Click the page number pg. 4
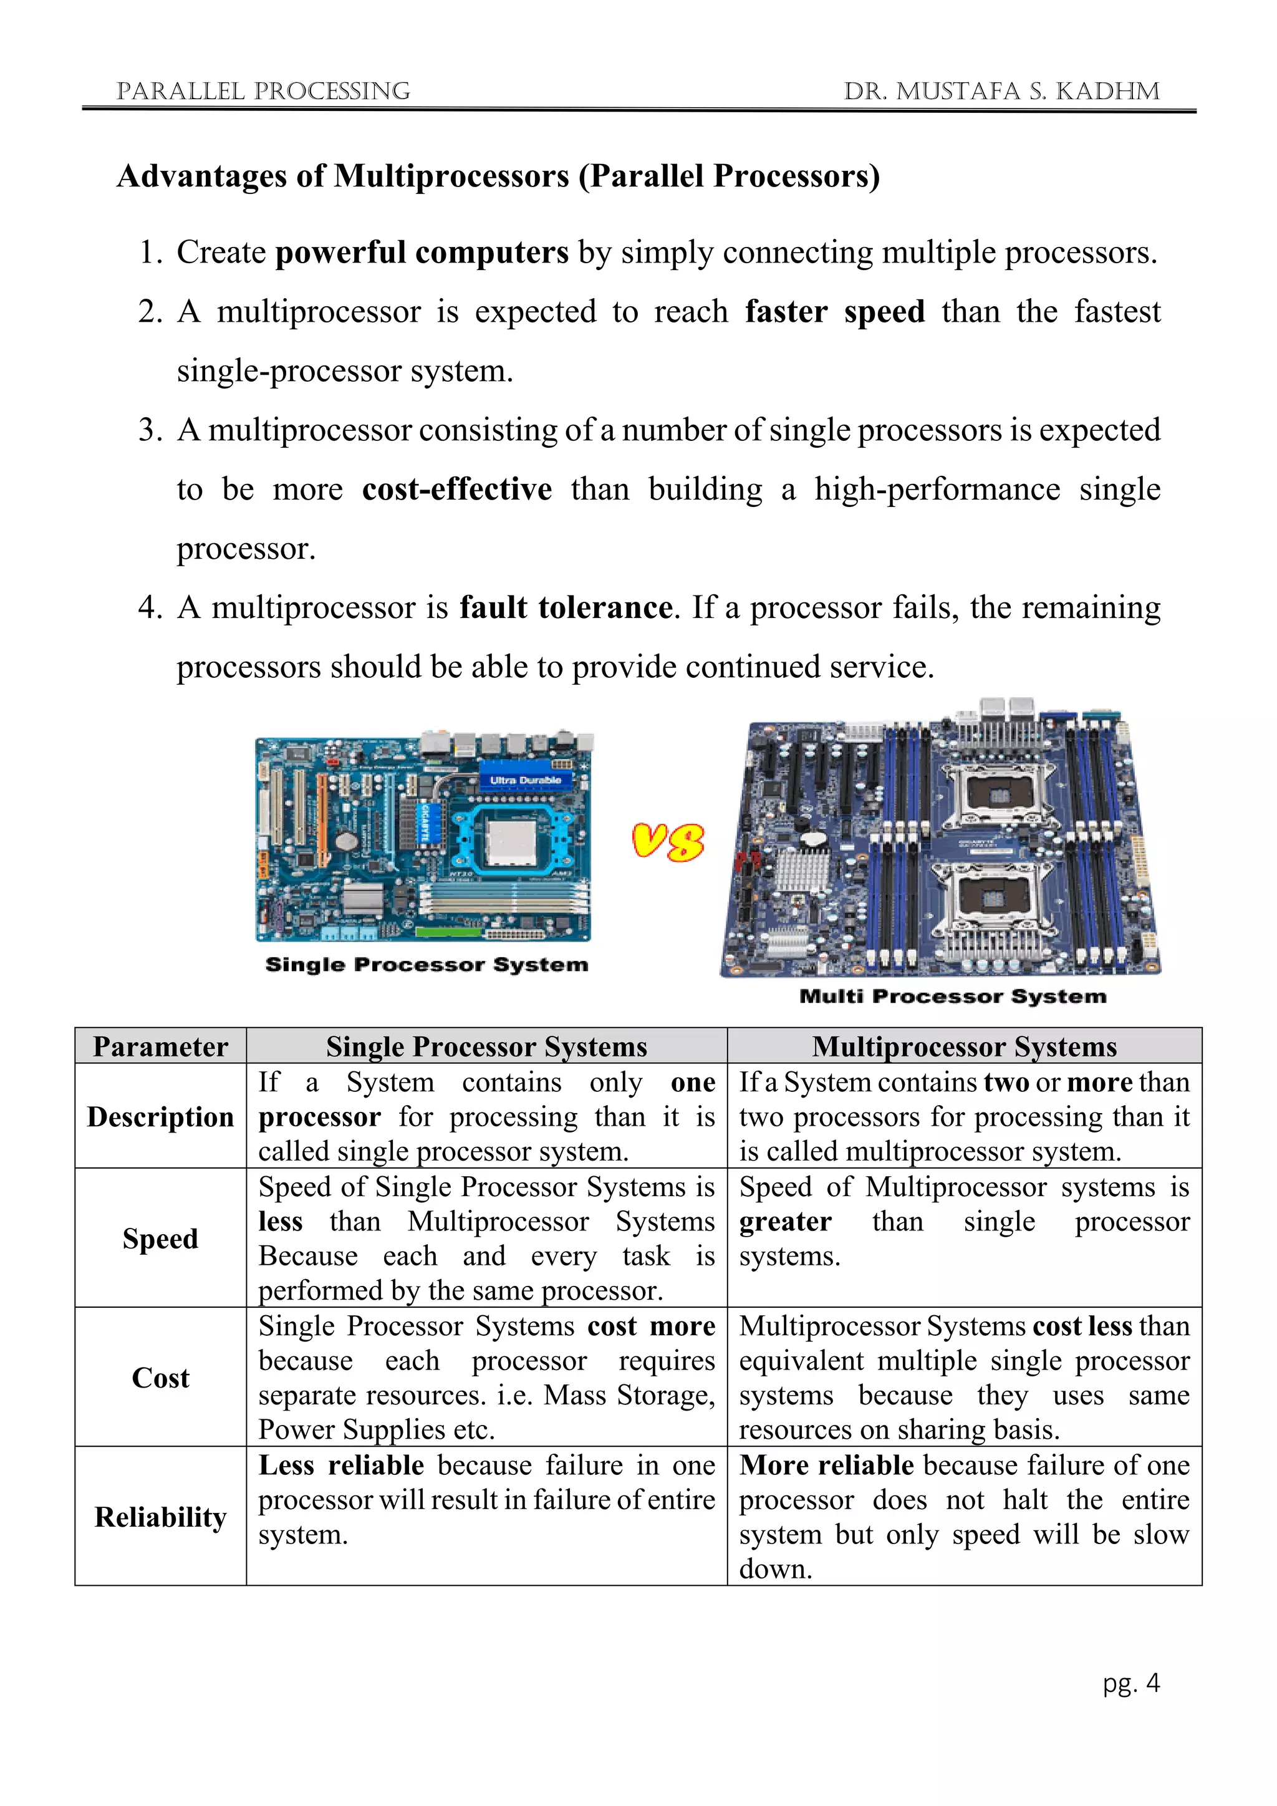[x=1130, y=1683]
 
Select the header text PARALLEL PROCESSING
[x=263, y=91]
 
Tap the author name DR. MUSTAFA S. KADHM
[x=1001, y=91]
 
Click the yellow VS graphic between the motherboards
[x=668, y=842]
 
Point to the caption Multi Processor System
[x=952, y=997]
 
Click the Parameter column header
[x=160, y=1047]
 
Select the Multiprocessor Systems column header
[x=964, y=1047]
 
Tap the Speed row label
[x=160, y=1239]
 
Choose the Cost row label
[x=160, y=1378]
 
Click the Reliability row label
[x=160, y=1517]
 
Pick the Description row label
[x=160, y=1117]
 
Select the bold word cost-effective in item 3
[x=457, y=490]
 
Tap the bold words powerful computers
[x=422, y=253]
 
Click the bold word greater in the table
[x=785, y=1222]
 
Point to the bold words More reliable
[x=826, y=1466]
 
